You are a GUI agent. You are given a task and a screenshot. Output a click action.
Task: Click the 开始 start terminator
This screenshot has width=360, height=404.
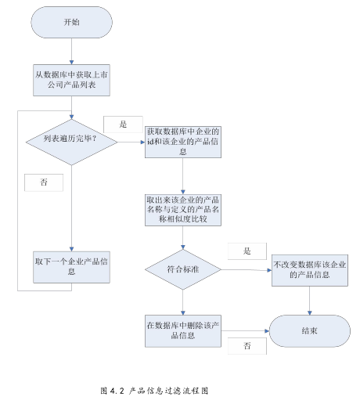tap(72, 22)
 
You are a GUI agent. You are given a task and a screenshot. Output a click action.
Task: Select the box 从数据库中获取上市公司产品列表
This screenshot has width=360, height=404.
tap(71, 80)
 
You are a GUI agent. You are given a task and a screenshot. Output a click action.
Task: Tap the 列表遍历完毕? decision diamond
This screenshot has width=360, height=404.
tap(71, 142)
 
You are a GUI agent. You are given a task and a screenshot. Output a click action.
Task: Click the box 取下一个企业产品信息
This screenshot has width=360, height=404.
tap(71, 267)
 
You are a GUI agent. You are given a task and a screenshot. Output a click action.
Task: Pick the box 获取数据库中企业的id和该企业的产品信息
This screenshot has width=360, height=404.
tap(183, 142)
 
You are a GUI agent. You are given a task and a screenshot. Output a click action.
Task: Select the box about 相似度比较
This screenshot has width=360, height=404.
tap(183, 210)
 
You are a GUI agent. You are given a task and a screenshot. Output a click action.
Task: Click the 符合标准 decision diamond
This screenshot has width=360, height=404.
tap(183, 269)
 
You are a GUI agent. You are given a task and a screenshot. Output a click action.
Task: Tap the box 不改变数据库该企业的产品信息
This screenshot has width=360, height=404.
tap(310, 270)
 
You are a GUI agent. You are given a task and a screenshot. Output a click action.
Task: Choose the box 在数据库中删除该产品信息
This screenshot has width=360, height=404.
tap(183, 331)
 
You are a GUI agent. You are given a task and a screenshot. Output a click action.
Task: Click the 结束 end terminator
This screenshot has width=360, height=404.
tap(310, 331)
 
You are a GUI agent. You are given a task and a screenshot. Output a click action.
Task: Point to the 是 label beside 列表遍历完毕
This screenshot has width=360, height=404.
tap(123, 124)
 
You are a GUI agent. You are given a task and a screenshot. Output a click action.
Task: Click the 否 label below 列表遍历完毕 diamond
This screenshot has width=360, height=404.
tap(44, 182)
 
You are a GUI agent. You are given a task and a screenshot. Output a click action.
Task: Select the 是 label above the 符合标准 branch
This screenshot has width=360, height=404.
tap(247, 251)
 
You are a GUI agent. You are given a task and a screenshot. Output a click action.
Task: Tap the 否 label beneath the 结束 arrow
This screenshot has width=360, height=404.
tap(247, 346)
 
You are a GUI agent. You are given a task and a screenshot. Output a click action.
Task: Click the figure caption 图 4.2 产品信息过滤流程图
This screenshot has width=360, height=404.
tap(154, 391)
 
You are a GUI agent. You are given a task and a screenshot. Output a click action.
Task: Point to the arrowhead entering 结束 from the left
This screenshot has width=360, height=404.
tap(267, 331)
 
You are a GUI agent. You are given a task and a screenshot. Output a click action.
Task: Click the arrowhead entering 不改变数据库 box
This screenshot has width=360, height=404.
tap(270, 270)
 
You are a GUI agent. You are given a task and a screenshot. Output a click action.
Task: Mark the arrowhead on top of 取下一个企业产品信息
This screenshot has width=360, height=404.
tap(71, 249)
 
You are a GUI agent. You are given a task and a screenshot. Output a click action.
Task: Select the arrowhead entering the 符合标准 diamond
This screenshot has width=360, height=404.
tap(183, 247)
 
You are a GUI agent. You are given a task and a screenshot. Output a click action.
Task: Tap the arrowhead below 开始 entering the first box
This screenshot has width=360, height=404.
tap(71, 63)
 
